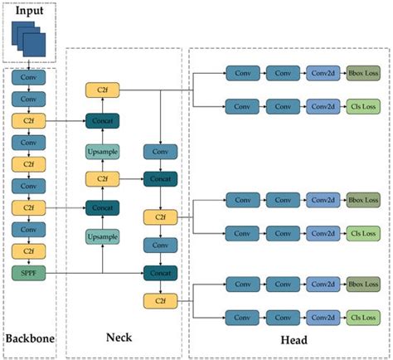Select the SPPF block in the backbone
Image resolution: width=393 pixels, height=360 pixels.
(x=29, y=272)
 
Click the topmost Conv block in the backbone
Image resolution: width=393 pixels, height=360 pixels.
(x=29, y=79)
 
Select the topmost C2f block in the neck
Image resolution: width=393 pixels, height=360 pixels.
(x=102, y=89)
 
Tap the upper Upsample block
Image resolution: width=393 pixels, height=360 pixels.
(x=102, y=151)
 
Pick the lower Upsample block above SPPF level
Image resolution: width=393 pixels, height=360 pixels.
(x=102, y=237)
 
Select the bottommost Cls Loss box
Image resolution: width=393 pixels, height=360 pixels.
(x=362, y=316)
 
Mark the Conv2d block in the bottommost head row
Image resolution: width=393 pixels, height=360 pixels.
(x=323, y=316)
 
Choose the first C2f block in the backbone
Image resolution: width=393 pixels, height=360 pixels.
(x=29, y=121)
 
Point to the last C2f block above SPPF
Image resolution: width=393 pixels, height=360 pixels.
(x=29, y=250)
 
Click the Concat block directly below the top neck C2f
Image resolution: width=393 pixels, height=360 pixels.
(x=102, y=121)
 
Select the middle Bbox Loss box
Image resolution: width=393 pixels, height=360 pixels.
(x=362, y=200)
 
